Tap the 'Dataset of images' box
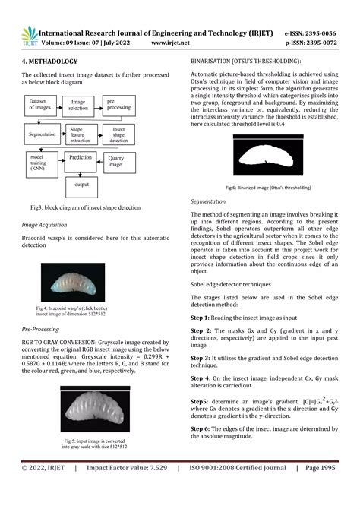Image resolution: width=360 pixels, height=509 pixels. pyautogui.click(x=43, y=104)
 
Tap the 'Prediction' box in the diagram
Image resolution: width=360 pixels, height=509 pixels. pyautogui.click(x=80, y=158)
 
